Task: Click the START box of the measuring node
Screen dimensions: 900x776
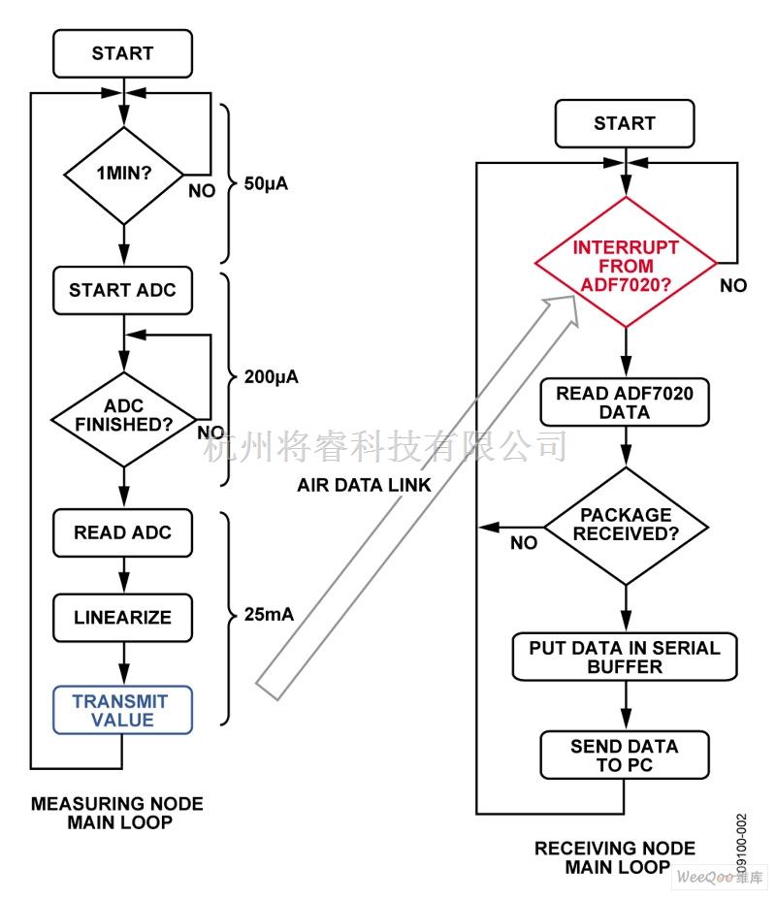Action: coord(123,53)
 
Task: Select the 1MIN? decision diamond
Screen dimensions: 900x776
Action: coord(123,177)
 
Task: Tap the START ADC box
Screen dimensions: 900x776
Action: coord(123,290)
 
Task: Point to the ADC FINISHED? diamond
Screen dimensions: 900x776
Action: coord(123,416)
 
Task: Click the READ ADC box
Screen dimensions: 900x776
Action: coord(123,532)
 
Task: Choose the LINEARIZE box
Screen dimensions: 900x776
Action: coord(123,617)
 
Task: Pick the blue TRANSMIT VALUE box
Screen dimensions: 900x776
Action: coord(123,710)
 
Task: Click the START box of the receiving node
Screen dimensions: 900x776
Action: coord(625,123)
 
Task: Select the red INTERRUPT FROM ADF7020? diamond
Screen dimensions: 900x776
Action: coord(626,263)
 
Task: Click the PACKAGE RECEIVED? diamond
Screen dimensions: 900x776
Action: coord(626,525)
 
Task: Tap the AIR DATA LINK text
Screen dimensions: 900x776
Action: coord(364,485)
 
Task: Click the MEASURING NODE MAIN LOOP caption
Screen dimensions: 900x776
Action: coord(117,814)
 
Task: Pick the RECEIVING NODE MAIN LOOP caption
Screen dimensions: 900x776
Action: coord(615,857)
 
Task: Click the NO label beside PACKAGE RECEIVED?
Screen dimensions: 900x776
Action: coord(523,543)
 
